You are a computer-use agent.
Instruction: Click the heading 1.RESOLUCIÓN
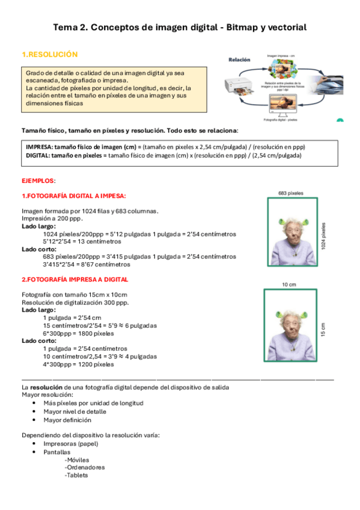(x=49, y=55)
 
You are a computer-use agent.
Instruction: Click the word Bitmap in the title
(x=240, y=27)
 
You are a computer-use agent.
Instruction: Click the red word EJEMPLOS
(x=38, y=180)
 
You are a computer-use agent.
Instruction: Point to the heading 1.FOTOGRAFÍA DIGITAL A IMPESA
(x=74, y=196)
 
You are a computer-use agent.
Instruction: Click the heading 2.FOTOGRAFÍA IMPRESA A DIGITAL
(x=75, y=280)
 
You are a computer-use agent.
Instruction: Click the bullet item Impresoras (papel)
(x=71, y=443)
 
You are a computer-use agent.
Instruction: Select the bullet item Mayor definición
(x=67, y=420)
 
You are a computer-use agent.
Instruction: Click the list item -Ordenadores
(x=84, y=467)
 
